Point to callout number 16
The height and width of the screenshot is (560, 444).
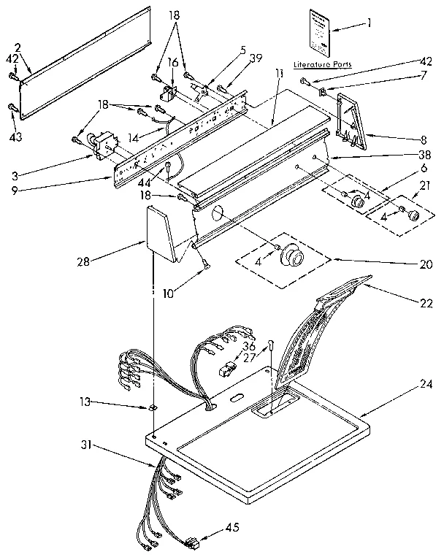pyautogui.click(x=173, y=64)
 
